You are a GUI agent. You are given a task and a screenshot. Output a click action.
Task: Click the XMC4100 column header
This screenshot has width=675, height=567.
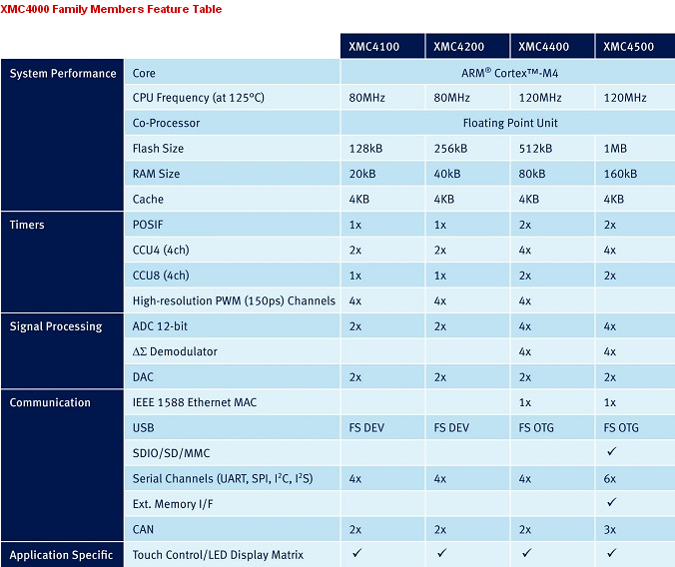pyautogui.click(x=373, y=47)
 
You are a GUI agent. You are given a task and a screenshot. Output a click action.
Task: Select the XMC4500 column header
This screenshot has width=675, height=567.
pyautogui.click(x=628, y=47)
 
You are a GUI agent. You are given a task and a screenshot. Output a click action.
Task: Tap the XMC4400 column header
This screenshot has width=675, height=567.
pyautogui.click(x=543, y=47)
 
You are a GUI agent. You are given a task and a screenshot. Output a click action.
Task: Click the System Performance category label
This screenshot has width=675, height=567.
pyautogui.click(x=63, y=74)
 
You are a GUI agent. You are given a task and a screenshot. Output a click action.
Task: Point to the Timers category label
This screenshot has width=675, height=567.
pyautogui.click(x=27, y=225)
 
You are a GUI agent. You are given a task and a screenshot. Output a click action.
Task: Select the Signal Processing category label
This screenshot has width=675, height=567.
pyautogui.click(x=56, y=326)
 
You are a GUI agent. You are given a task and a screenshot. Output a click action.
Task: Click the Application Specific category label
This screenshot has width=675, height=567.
pyautogui.click(x=61, y=555)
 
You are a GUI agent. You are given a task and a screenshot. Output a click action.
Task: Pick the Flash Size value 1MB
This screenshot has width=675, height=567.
pyautogui.click(x=615, y=149)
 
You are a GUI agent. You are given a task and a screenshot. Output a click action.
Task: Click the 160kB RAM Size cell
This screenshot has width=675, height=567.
pyautogui.click(x=620, y=174)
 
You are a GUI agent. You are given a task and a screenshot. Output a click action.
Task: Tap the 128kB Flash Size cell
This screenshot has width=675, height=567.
pyautogui.click(x=365, y=149)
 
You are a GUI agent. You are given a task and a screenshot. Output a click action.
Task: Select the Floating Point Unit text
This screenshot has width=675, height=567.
pyautogui.click(x=510, y=123)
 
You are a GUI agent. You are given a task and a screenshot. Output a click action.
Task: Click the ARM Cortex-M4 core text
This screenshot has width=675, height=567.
pyautogui.click(x=509, y=73)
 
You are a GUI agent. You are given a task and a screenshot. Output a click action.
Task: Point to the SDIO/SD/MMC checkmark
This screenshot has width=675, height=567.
pyautogui.click(x=611, y=451)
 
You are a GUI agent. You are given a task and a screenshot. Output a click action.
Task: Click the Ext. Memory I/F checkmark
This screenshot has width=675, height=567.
pyautogui.click(x=611, y=502)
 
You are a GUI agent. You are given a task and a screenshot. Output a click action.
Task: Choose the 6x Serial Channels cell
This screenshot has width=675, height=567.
pyautogui.click(x=609, y=479)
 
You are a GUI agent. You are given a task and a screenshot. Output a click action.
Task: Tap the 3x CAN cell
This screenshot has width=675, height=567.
pyautogui.click(x=609, y=529)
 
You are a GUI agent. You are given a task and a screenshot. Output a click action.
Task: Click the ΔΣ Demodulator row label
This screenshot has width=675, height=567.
pyautogui.click(x=175, y=351)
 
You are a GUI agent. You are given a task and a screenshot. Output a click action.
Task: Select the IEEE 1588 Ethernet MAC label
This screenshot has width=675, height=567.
pyautogui.click(x=195, y=402)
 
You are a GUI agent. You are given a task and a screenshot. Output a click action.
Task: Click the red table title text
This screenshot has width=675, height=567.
pyautogui.click(x=111, y=9)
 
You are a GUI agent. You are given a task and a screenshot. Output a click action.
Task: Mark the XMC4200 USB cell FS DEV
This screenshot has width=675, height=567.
pyautogui.click(x=451, y=428)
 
